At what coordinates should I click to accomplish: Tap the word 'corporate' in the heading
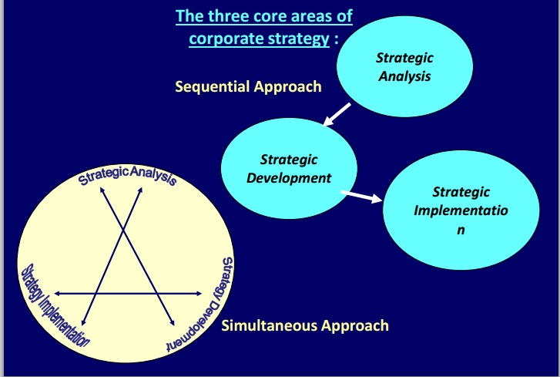221,39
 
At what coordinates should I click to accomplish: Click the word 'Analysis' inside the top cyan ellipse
404,76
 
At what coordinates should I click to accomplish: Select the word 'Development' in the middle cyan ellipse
289,177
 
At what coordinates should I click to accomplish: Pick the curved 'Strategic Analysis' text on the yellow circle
128,174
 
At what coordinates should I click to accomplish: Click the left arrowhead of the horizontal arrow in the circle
57,294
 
